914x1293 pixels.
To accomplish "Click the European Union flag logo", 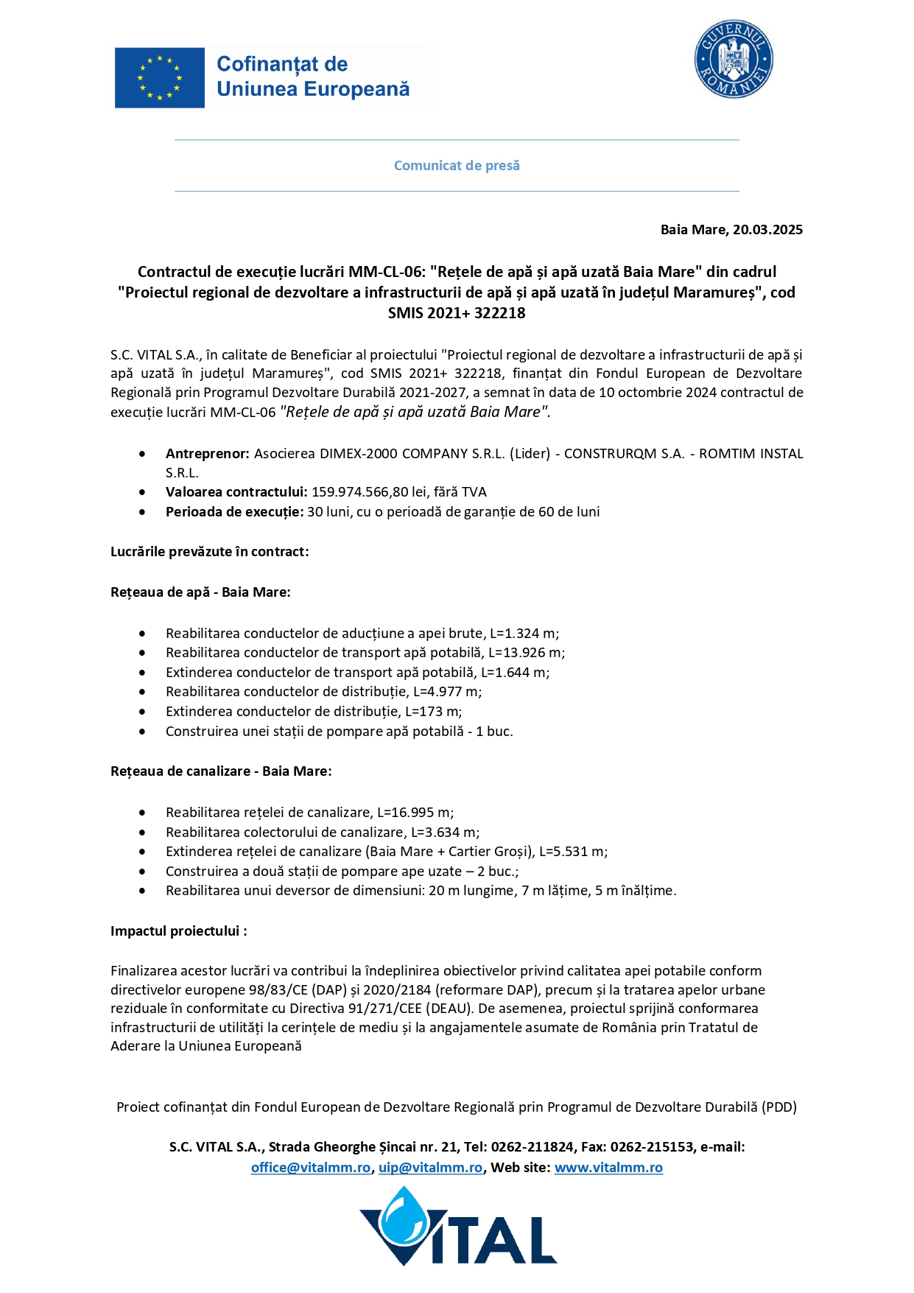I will point(160,77).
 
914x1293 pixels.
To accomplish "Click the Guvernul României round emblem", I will point(733,60).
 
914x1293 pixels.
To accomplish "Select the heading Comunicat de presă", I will point(457,166).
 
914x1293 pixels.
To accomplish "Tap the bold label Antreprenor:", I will point(208,454).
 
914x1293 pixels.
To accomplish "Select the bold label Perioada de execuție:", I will point(234,512).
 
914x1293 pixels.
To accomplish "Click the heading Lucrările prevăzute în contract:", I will point(210,552).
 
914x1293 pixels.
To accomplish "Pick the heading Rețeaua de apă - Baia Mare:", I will point(200,592).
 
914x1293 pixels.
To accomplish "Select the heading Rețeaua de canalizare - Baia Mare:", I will point(221,771).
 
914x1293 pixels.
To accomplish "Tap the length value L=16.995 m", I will point(414,813).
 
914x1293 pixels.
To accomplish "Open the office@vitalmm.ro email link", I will point(311,1168).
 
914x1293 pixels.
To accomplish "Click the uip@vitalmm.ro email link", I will point(431,1168).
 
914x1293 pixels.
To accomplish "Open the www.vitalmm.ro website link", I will point(608,1168).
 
